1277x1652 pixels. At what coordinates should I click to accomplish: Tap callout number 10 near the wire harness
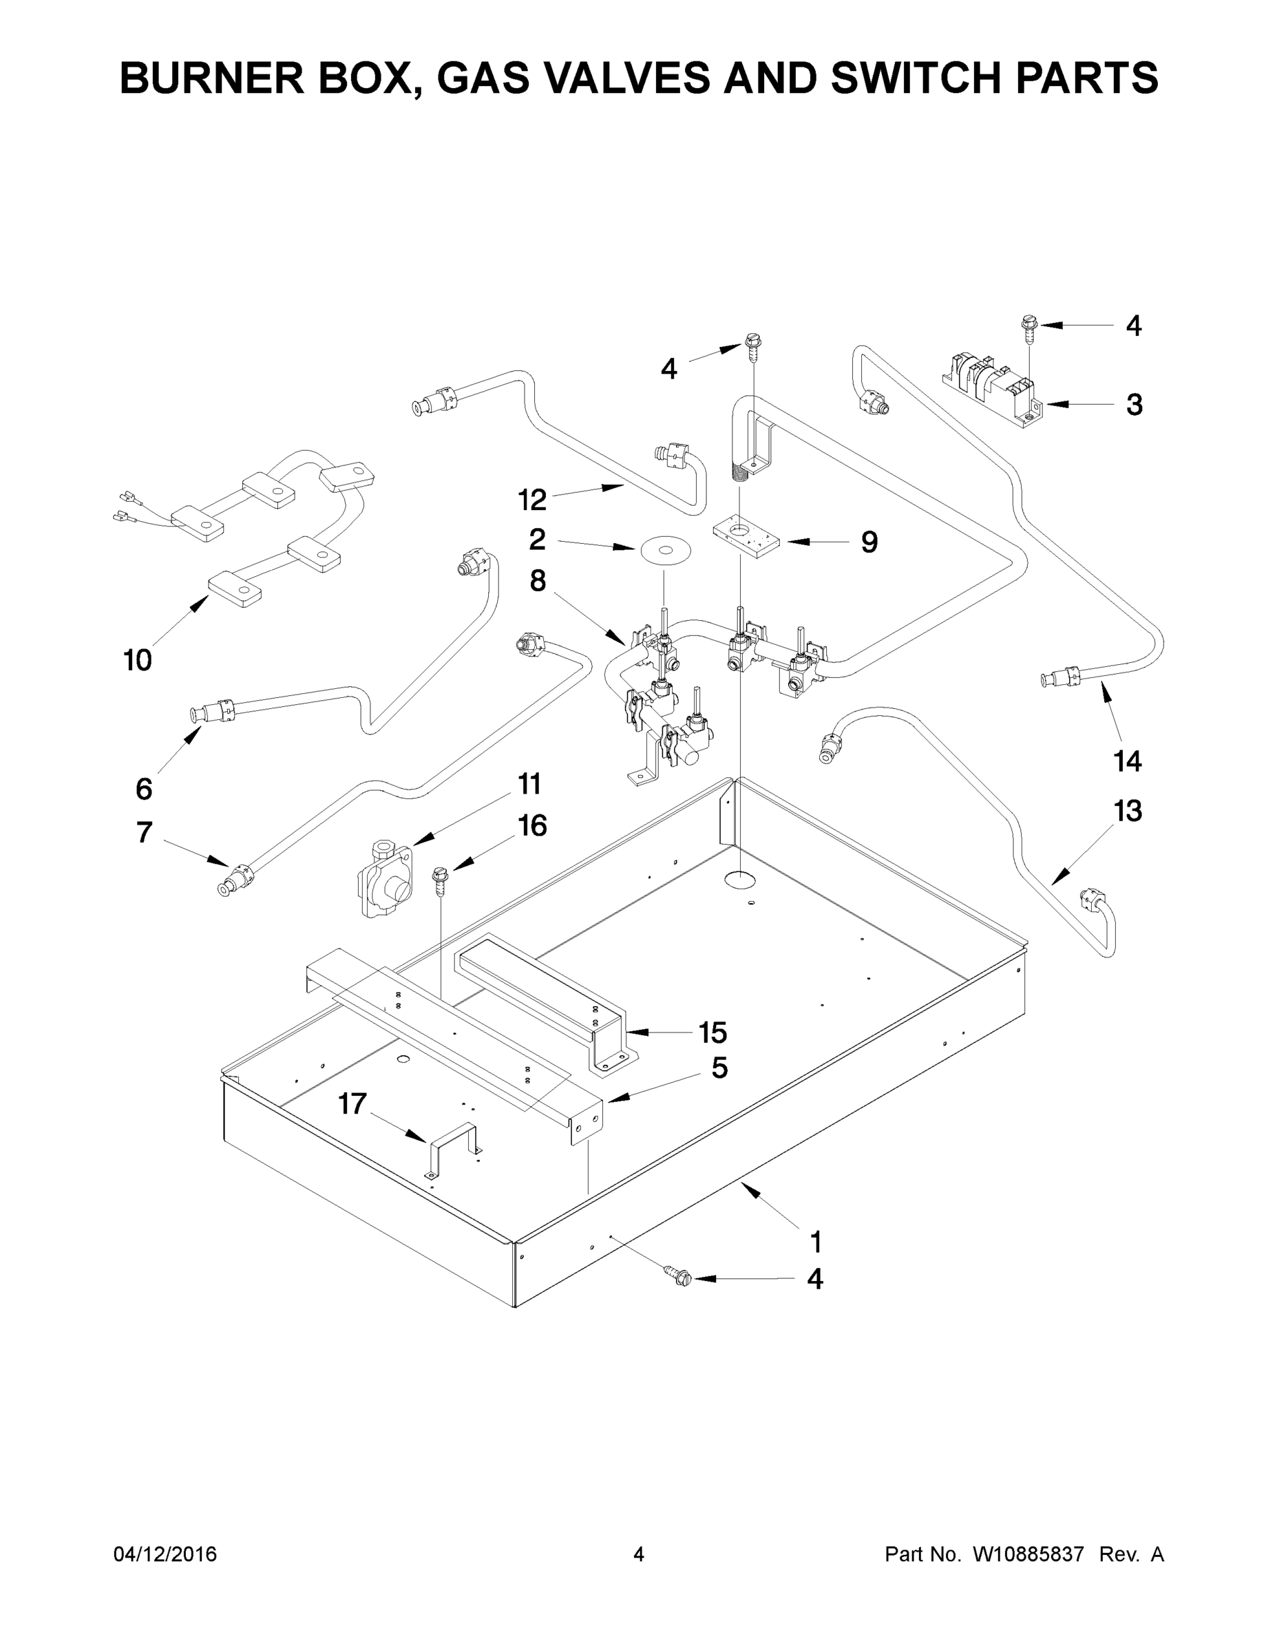click(138, 660)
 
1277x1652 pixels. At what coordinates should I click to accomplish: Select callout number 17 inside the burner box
click(352, 1103)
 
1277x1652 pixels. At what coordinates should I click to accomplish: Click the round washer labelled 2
click(666, 551)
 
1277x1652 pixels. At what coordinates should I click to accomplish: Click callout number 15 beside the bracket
click(712, 1032)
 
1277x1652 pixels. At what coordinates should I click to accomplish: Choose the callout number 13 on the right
click(1126, 811)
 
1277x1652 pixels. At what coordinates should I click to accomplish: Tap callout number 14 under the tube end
click(1126, 760)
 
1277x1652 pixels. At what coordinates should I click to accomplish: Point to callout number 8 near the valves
click(537, 581)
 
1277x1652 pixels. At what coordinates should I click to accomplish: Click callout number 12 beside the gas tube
click(532, 499)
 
